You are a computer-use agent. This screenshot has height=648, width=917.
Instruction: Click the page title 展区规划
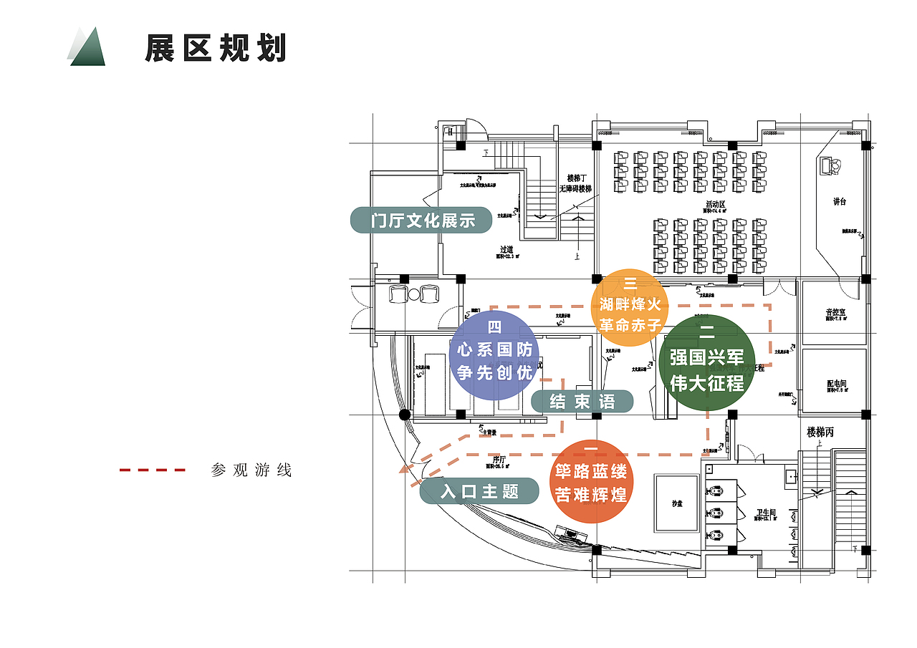click(216, 49)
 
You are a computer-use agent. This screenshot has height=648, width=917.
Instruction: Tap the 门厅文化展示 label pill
click(422, 221)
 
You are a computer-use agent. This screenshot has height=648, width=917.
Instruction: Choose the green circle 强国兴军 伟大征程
click(706, 362)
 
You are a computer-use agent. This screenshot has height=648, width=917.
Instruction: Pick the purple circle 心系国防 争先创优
click(495, 355)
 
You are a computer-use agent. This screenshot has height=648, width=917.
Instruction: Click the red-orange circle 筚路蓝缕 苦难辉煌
click(591, 482)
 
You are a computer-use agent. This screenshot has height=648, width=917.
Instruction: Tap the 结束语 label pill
click(582, 402)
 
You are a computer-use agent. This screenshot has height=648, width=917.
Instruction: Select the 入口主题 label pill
click(479, 491)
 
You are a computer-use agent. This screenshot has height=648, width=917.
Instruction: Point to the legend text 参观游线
click(251, 470)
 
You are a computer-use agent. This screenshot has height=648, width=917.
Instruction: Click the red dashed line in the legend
click(153, 470)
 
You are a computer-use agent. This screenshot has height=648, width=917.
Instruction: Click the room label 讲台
click(840, 202)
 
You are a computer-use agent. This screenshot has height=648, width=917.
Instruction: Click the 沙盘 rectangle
click(677, 503)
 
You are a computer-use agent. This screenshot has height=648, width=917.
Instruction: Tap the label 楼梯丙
click(820, 432)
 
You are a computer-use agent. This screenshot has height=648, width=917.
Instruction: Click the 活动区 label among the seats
click(715, 205)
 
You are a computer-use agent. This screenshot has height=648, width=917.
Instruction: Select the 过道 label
click(506, 249)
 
